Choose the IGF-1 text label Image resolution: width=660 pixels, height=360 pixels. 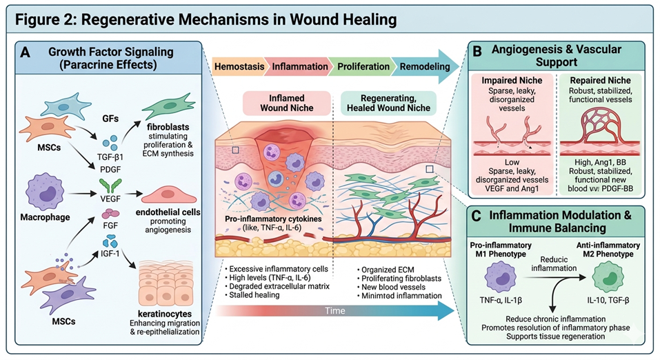(110, 255)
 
